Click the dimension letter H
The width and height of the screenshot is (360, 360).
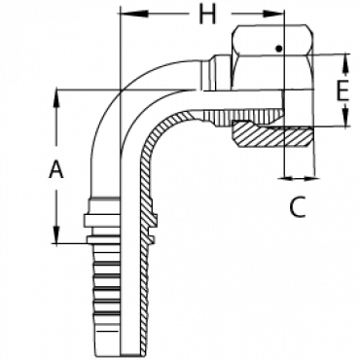point(207,15)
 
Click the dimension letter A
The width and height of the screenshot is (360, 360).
point(56,170)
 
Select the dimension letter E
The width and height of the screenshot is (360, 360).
point(342,90)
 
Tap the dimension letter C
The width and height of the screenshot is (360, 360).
point(298,207)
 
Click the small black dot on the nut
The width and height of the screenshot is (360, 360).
point(278,49)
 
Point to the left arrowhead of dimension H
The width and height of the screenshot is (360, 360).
point(134,14)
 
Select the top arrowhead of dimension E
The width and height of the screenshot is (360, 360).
point(345,62)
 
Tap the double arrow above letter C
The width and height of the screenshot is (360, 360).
point(299,178)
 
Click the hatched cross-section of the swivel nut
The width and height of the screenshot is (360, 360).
point(273,134)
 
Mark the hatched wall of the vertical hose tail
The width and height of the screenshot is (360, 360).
point(147,227)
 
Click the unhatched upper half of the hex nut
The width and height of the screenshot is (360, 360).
point(272,56)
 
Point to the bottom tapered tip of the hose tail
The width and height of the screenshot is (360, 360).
point(109,346)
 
